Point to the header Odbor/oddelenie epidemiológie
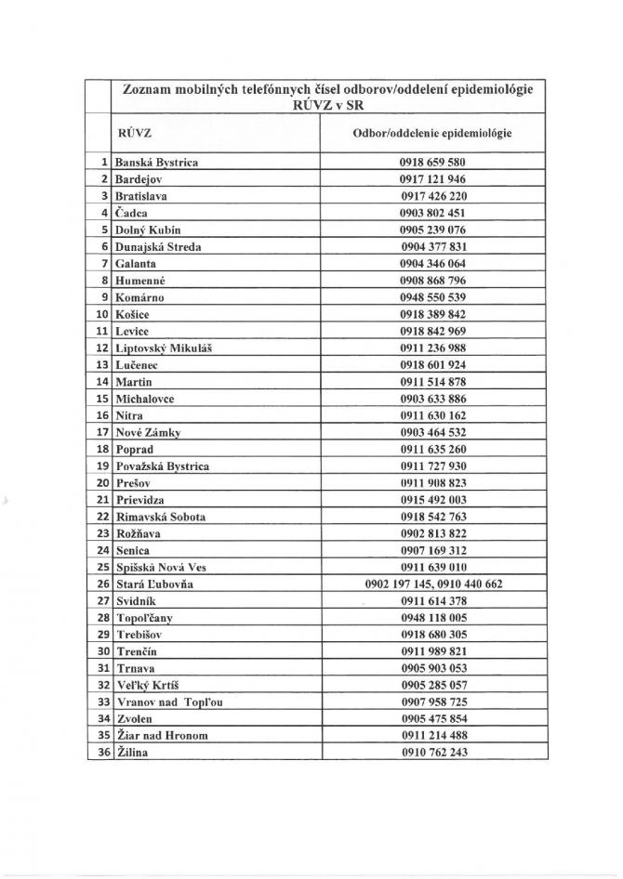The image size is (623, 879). coord(432,133)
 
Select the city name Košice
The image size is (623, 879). coord(134,314)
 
